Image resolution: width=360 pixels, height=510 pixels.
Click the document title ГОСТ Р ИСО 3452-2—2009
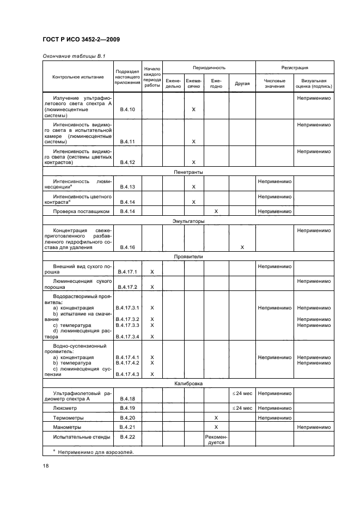coord(81,40)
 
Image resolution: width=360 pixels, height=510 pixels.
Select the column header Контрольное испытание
coord(78,77)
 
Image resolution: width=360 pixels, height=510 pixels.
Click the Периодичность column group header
coord(209,68)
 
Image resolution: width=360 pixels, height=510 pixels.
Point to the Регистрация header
coord(295,68)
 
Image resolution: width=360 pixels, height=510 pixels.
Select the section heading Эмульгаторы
coord(188,221)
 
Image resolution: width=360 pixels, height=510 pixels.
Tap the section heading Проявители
coord(188,256)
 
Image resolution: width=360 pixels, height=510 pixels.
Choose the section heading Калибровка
coord(188,384)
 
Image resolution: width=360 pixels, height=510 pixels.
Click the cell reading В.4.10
coord(127,110)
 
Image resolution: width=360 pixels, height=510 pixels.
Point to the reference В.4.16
coord(127,247)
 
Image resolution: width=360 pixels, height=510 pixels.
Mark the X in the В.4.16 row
coord(242,247)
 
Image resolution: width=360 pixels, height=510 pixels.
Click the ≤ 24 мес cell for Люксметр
coord(242,407)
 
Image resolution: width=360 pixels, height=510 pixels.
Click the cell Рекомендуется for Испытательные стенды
coord(216,440)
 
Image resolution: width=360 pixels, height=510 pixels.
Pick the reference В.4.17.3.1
coord(129,308)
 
